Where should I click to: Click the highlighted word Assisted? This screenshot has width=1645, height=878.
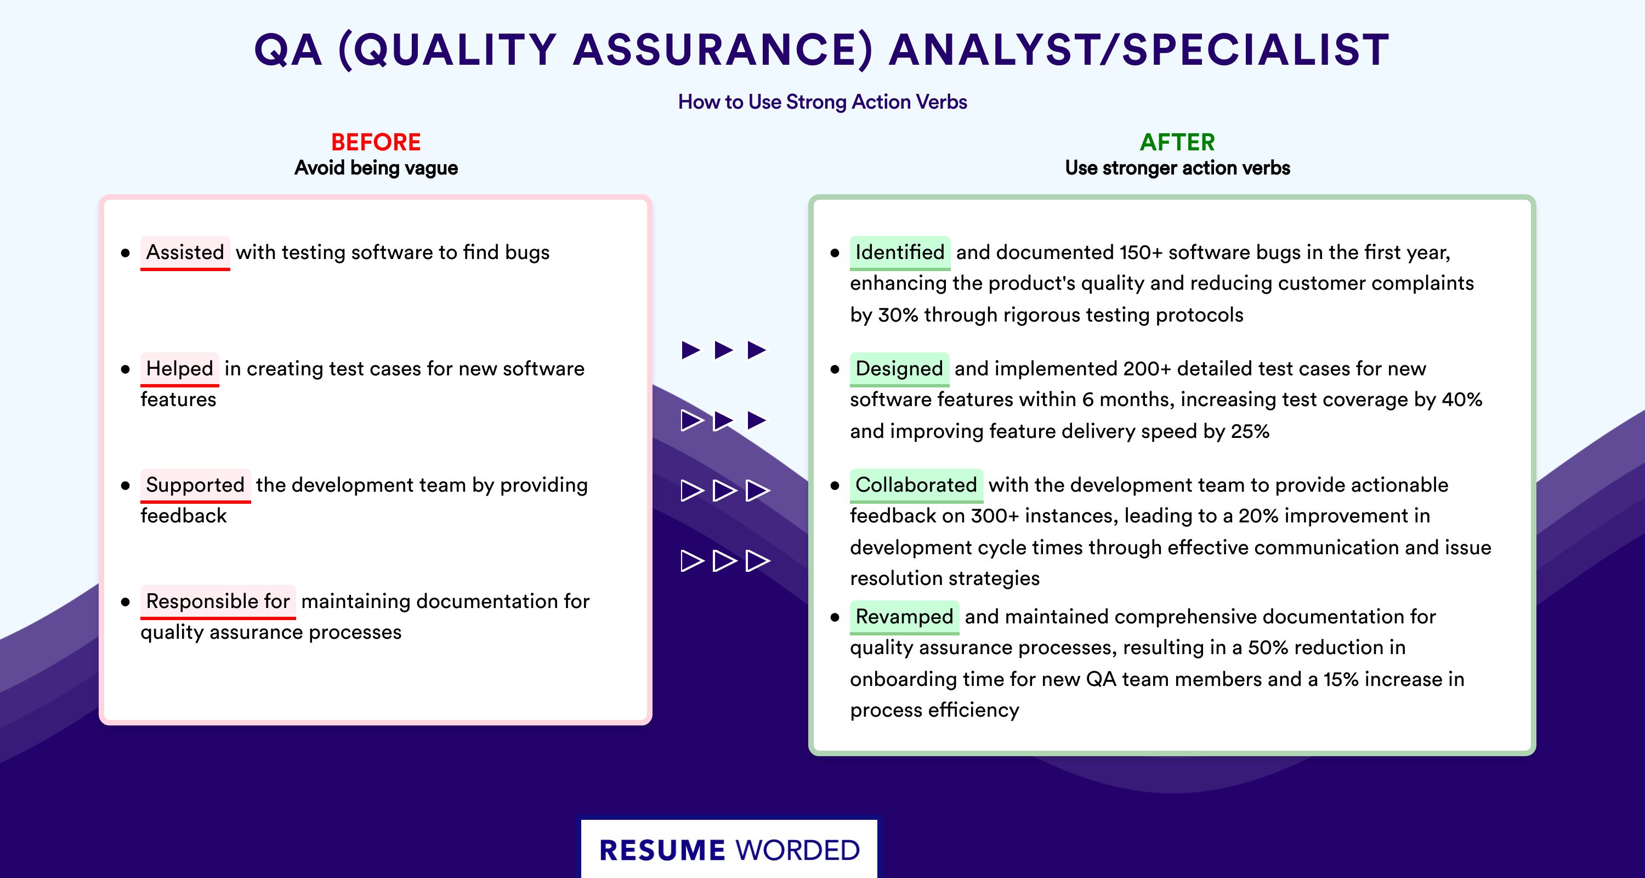[x=185, y=252]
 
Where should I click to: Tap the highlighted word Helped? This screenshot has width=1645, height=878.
[x=179, y=368]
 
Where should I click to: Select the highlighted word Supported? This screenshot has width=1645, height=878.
[x=195, y=485]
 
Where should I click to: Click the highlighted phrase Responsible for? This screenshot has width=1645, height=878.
[x=218, y=601]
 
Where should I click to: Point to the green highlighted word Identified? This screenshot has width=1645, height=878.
[x=900, y=252]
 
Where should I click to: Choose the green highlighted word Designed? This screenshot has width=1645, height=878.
[x=899, y=368]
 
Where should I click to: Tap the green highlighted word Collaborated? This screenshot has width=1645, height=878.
[x=916, y=485]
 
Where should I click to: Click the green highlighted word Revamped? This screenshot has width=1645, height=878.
[x=904, y=616]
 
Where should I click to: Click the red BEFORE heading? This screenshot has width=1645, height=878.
[x=376, y=142]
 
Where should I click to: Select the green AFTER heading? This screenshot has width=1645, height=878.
[x=1178, y=142]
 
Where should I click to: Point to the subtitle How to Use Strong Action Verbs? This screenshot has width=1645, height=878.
[x=822, y=102]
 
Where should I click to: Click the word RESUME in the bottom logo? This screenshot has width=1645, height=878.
[x=662, y=851]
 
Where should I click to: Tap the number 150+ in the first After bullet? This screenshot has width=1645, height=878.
[x=1141, y=252]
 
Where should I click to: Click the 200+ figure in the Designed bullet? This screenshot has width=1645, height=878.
[x=1147, y=368]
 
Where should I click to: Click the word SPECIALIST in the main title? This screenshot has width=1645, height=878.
[x=1256, y=49]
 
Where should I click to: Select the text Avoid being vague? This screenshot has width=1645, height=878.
[x=376, y=167]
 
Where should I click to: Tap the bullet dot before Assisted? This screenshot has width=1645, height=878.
[x=125, y=253]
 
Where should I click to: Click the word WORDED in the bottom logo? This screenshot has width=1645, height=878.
[x=798, y=851]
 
